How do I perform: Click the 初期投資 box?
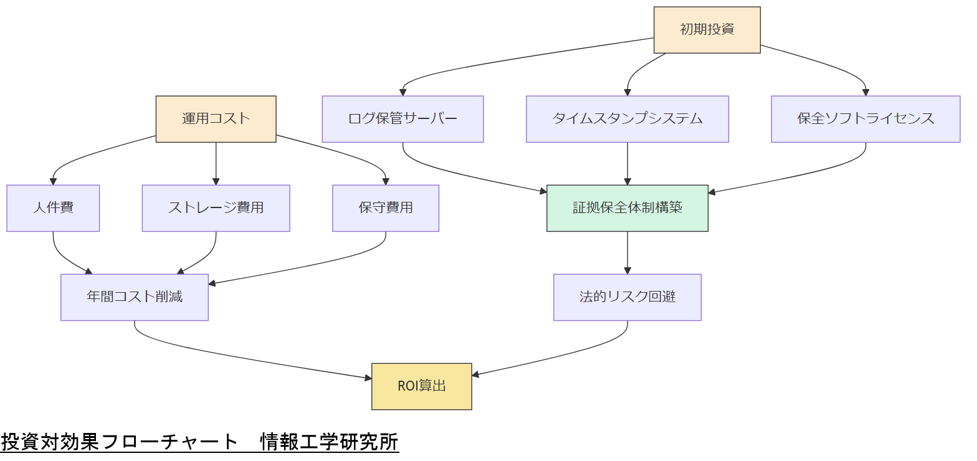pyautogui.click(x=707, y=30)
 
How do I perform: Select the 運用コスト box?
pyautogui.click(x=216, y=119)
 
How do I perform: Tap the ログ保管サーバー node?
pyautogui.click(x=403, y=119)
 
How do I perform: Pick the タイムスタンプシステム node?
pyautogui.click(x=627, y=119)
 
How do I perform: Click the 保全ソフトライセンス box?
pyautogui.click(x=865, y=119)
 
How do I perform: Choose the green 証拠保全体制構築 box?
pyautogui.click(x=627, y=208)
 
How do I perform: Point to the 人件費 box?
pyautogui.click(x=53, y=208)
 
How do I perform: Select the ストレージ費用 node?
pyautogui.click(x=216, y=208)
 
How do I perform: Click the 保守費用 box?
pyautogui.click(x=386, y=208)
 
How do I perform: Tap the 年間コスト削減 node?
pyautogui.click(x=135, y=297)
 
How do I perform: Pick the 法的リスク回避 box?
pyautogui.click(x=627, y=297)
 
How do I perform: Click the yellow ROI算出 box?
pyautogui.click(x=421, y=386)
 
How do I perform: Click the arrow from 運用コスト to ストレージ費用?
pyautogui.click(x=216, y=163)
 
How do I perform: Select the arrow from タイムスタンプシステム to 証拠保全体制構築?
pyautogui.click(x=627, y=163)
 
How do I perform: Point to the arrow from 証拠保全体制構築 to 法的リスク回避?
pyautogui.click(x=627, y=252)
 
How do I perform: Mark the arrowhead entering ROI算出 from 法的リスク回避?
pyautogui.click(x=476, y=374)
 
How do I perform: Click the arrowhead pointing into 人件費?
pyautogui.click(x=53, y=181)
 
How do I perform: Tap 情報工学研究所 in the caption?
pyautogui.click(x=330, y=442)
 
